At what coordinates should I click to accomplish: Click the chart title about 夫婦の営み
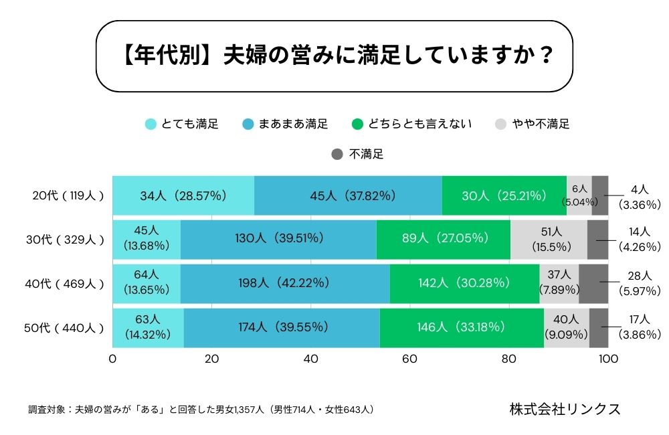334,56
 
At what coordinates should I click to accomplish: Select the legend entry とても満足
182,124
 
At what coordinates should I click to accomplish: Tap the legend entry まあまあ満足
286,124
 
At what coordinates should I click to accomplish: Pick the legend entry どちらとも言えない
411,124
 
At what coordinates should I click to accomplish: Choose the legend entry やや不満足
532,124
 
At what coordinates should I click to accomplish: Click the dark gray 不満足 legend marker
337,155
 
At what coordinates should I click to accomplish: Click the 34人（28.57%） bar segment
183,196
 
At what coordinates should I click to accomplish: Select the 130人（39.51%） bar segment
278,239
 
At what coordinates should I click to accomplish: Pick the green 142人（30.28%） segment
464,283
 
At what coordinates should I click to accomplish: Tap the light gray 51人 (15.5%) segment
549,239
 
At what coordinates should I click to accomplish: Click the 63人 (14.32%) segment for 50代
148,328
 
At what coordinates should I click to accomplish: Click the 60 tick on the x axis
410,359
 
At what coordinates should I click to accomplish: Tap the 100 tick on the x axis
607,359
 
